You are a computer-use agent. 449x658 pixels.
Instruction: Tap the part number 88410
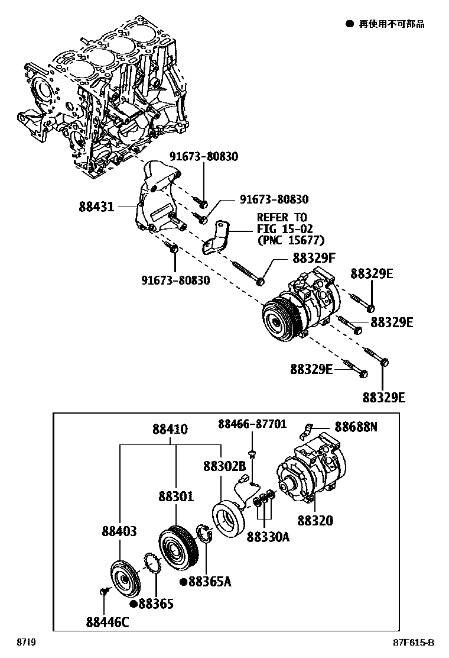coord(170,429)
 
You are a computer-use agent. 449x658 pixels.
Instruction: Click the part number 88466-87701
coord(252,424)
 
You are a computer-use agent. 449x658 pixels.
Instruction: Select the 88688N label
coord(356,426)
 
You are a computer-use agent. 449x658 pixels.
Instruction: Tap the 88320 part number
coord(315,521)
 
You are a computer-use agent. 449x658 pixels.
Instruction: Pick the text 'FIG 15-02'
coord(284,229)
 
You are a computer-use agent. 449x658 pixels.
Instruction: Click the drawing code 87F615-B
coord(414,643)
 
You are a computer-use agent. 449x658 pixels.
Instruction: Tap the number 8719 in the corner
coord(25,643)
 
